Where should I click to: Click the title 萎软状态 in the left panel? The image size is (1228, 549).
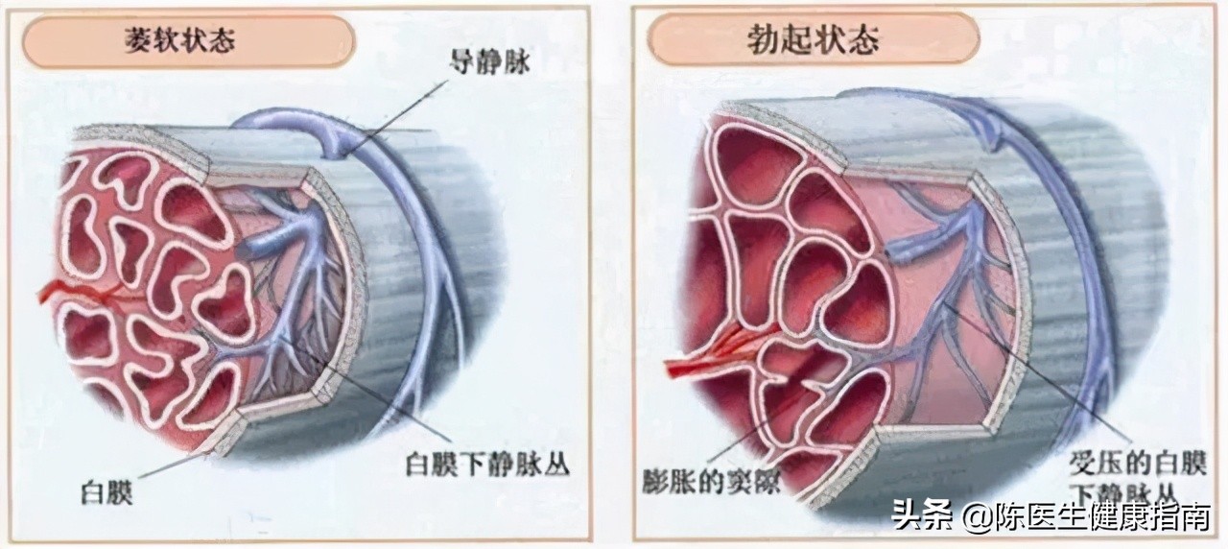tap(180, 40)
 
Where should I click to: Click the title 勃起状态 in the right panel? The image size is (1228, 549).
tap(812, 39)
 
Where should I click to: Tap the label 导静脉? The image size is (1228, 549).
tap(489, 62)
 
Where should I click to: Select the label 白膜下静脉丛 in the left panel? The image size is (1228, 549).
tap(487, 465)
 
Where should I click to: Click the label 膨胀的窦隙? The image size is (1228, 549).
tap(711, 481)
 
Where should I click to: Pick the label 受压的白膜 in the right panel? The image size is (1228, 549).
tap(1138, 465)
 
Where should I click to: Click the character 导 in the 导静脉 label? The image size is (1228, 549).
tap(462, 62)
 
